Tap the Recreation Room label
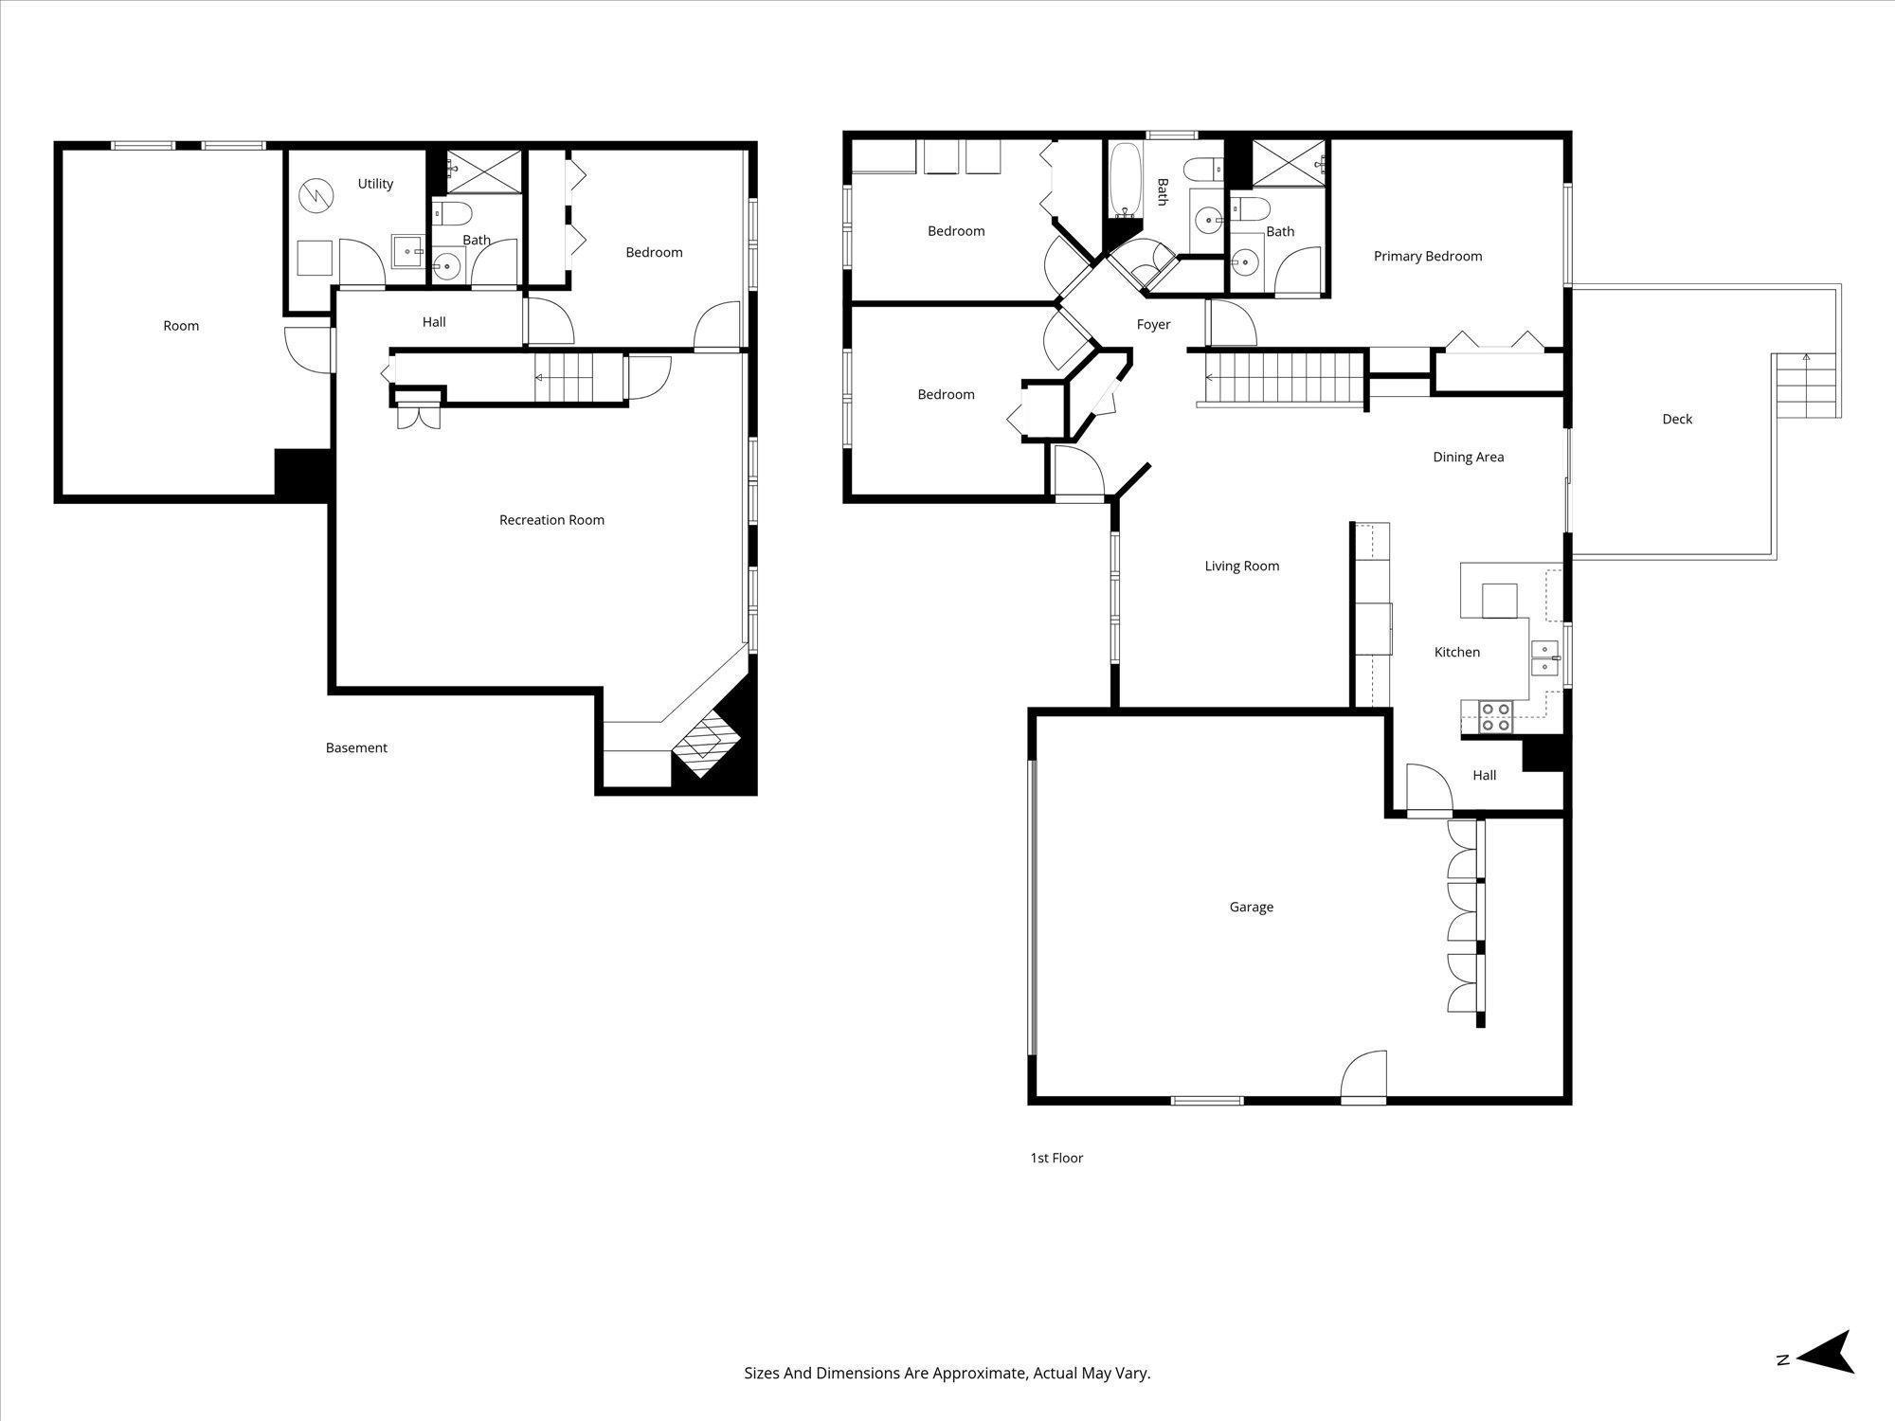coord(551,520)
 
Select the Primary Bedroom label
coord(1427,256)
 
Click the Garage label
coord(1251,907)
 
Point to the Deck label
coord(1676,419)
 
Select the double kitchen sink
coord(1545,657)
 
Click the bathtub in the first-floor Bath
coord(1126,180)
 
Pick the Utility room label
coord(375,184)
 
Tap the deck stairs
coord(1807,387)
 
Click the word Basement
coord(356,747)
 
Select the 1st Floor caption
coord(1056,1158)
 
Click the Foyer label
coord(1153,324)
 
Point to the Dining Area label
coord(1468,457)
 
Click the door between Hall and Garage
coord(1429,791)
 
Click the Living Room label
coord(1241,566)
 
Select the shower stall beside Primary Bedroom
coord(1290,163)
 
